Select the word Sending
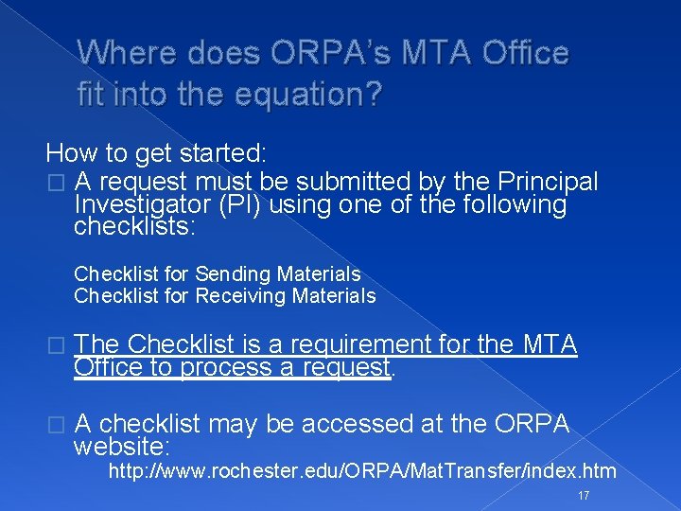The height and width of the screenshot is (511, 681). click(x=234, y=273)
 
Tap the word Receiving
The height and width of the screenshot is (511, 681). click(x=240, y=296)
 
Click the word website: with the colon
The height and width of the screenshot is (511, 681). click(x=121, y=446)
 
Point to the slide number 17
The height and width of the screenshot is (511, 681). click(x=583, y=496)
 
